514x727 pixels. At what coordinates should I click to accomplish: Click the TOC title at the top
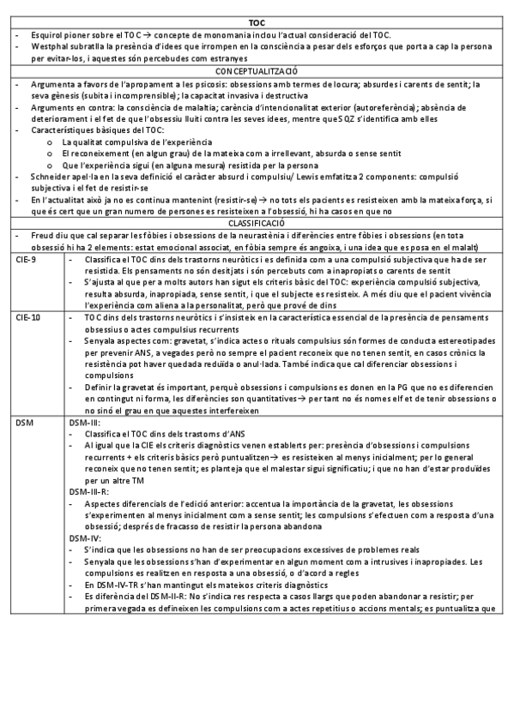pyautogui.click(x=257, y=22)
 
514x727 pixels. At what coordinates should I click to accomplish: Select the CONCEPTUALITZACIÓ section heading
pyautogui.click(x=257, y=72)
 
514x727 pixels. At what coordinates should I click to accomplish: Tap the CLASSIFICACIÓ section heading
pyautogui.click(x=257, y=221)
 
